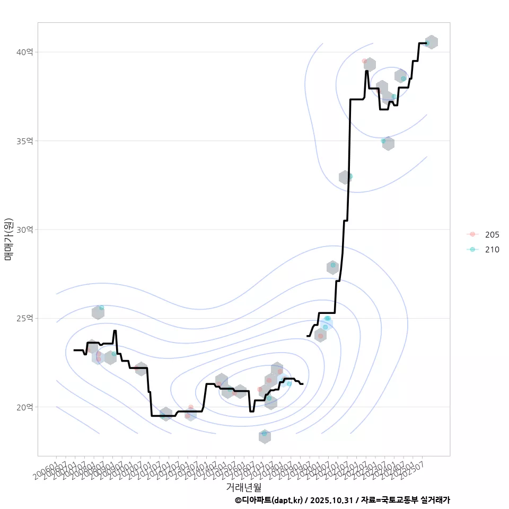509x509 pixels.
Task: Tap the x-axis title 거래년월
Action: tap(243, 486)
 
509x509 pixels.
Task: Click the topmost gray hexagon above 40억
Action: tap(431, 42)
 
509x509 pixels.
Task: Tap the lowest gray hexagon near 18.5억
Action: tap(265, 436)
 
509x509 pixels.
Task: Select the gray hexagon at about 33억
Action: tap(345, 177)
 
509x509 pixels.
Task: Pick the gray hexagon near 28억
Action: tap(332, 267)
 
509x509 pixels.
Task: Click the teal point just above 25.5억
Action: tap(101, 308)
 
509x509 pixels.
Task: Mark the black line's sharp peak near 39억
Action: tap(366, 71)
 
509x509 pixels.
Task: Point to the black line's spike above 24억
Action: tap(115, 331)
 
